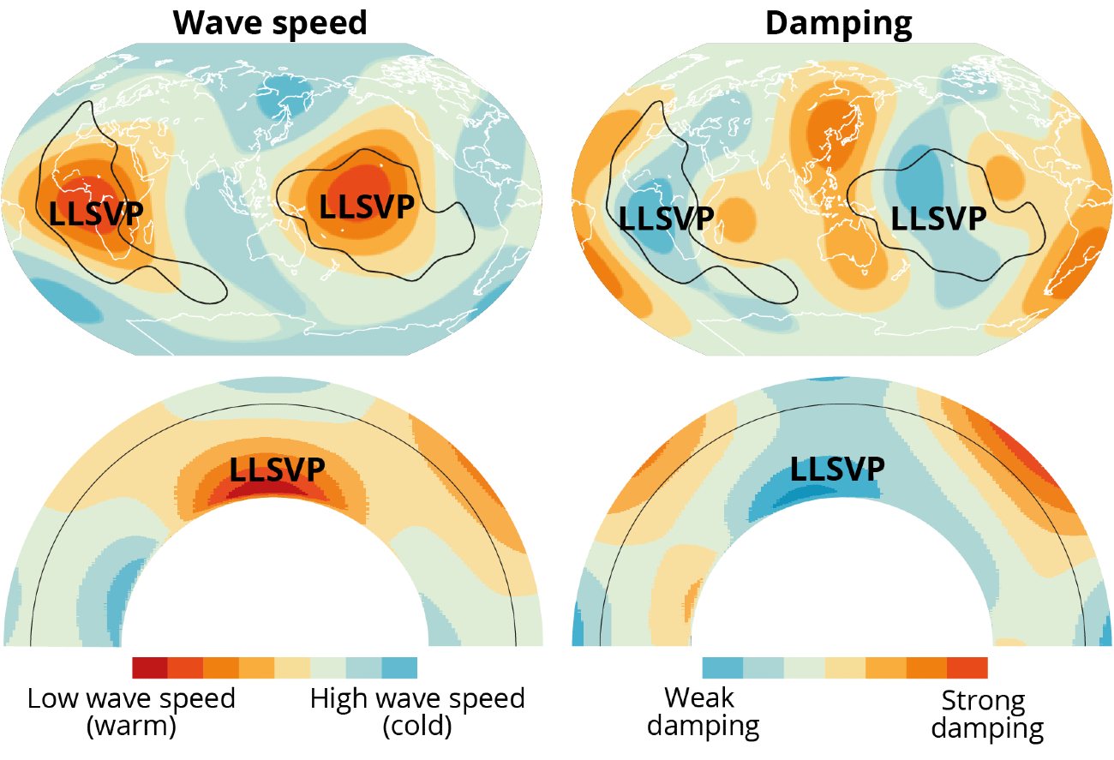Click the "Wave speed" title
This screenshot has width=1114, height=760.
(270, 23)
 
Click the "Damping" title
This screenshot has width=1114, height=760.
(838, 23)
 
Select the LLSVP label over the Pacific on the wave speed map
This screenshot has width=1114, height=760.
(367, 206)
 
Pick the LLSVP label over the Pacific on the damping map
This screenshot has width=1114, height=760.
(938, 218)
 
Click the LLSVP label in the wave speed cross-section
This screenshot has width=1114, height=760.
(278, 469)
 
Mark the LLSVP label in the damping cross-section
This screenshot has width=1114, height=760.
(837, 469)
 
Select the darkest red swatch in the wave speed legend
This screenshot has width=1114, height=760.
(150, 667)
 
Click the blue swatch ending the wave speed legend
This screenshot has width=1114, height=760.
(399, 667)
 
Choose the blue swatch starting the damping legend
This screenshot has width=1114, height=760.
(722, 667)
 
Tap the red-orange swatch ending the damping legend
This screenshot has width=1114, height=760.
(967, 667)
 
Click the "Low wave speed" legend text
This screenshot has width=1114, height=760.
(131, 698)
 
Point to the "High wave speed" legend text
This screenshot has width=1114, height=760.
(417, 698)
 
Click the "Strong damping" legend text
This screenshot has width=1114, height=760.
(987, 715)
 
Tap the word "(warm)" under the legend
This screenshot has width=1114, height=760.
(131, 727)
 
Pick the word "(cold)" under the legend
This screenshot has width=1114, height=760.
(417, 727)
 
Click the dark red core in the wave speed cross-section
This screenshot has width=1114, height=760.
(278, 491)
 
